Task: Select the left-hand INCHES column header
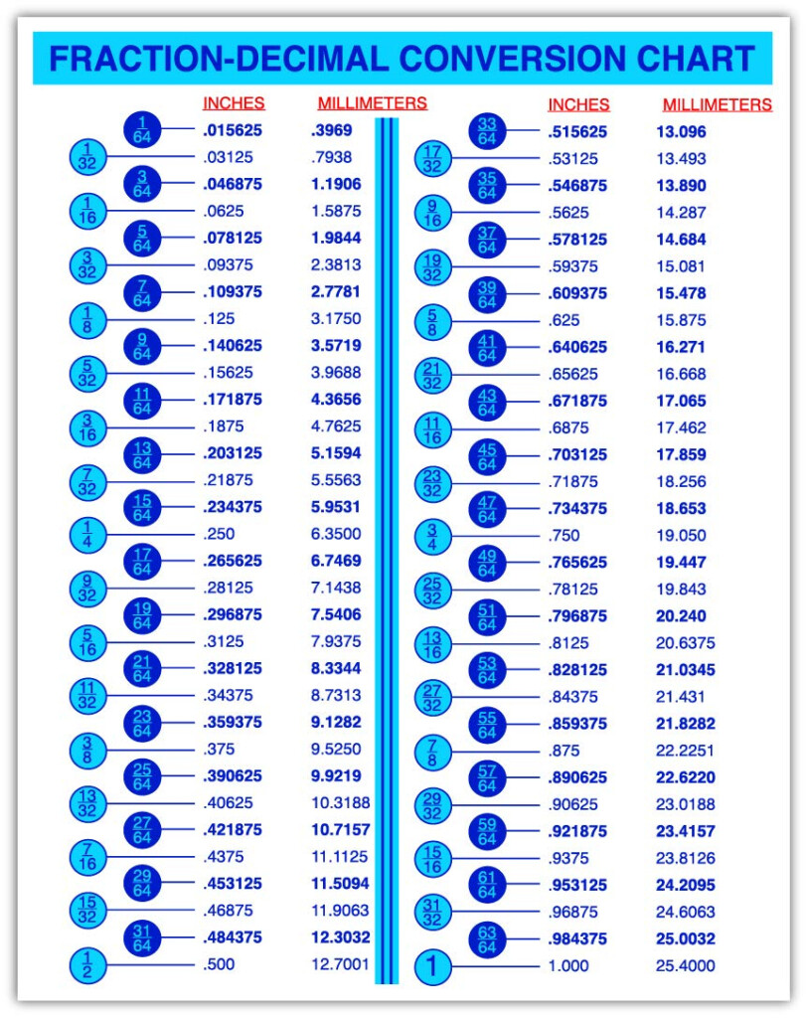pos(234,102)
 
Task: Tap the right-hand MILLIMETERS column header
pos(717,104)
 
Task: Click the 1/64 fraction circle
pos(142,129)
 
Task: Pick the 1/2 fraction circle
pos(87,964)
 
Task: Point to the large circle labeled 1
pos(432,965)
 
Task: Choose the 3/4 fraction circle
pos(432,536)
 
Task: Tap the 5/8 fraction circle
pos(432,321)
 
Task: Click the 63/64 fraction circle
pos(487,938)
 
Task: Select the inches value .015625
pos(233,130)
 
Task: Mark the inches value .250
pos(220,534)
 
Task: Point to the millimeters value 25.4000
pos(685,965)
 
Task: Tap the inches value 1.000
pos(567,965)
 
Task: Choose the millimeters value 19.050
pos(681,535)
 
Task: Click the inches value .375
pos(220,749)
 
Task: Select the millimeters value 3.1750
pos(336,319)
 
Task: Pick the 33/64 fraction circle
pos(487,130)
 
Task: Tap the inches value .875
pos(564,751)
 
